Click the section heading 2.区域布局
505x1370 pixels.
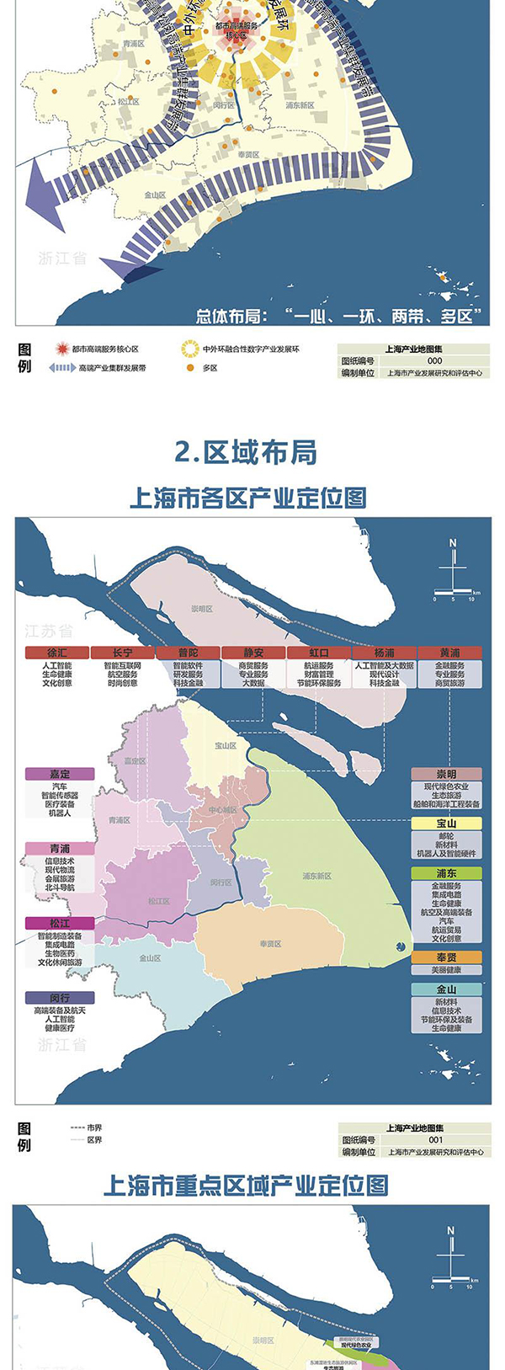[x=246, y=452]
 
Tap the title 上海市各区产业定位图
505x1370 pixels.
[x=247, y=498]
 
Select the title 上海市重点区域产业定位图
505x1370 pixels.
[x=246, y=1186]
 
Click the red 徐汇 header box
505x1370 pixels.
[x=57, y=653]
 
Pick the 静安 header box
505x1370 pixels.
[x=253, y=653]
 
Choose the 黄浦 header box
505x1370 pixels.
[x=450, y=653]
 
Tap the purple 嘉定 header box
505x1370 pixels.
[x=60, y=774]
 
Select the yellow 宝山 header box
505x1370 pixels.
[x=446, y=824]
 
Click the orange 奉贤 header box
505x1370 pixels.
[x=446, y=957]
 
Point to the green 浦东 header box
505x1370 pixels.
[x=446, y=874]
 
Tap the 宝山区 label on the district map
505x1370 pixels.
[x=225, y=745]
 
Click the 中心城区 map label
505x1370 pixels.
[x=223, y=810]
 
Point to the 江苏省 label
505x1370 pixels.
[x=49, y=631]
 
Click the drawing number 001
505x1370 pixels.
[x=435, y=1140]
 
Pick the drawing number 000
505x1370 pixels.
[x=435, y=360]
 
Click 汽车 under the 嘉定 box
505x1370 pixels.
[x=60, y=786]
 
